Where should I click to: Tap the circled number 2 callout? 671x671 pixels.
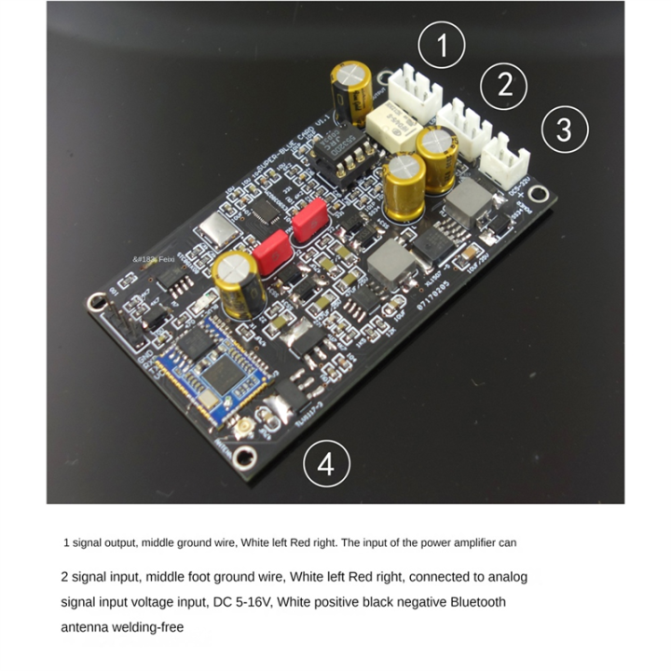tap(505, 85)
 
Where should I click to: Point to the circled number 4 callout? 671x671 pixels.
tap(326, 463)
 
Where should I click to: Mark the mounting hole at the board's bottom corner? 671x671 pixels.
tap(245, 457)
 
